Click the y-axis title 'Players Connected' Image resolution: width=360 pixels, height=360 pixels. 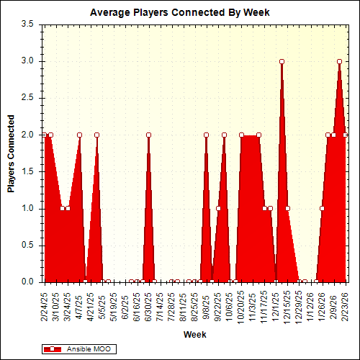pos(12,153)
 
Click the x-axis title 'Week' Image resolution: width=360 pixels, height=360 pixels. pos(194,334)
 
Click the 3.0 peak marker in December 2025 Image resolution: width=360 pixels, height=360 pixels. pos(282,61)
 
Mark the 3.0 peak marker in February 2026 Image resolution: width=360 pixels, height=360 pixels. pos(339,61)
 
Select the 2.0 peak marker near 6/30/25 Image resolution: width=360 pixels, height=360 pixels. pos(148,135)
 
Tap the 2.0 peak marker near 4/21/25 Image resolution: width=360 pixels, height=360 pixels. pos(96,135)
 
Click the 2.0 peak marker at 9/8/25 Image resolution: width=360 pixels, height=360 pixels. pos(206,135)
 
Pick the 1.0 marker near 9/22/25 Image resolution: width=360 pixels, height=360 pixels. pos(218,209)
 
